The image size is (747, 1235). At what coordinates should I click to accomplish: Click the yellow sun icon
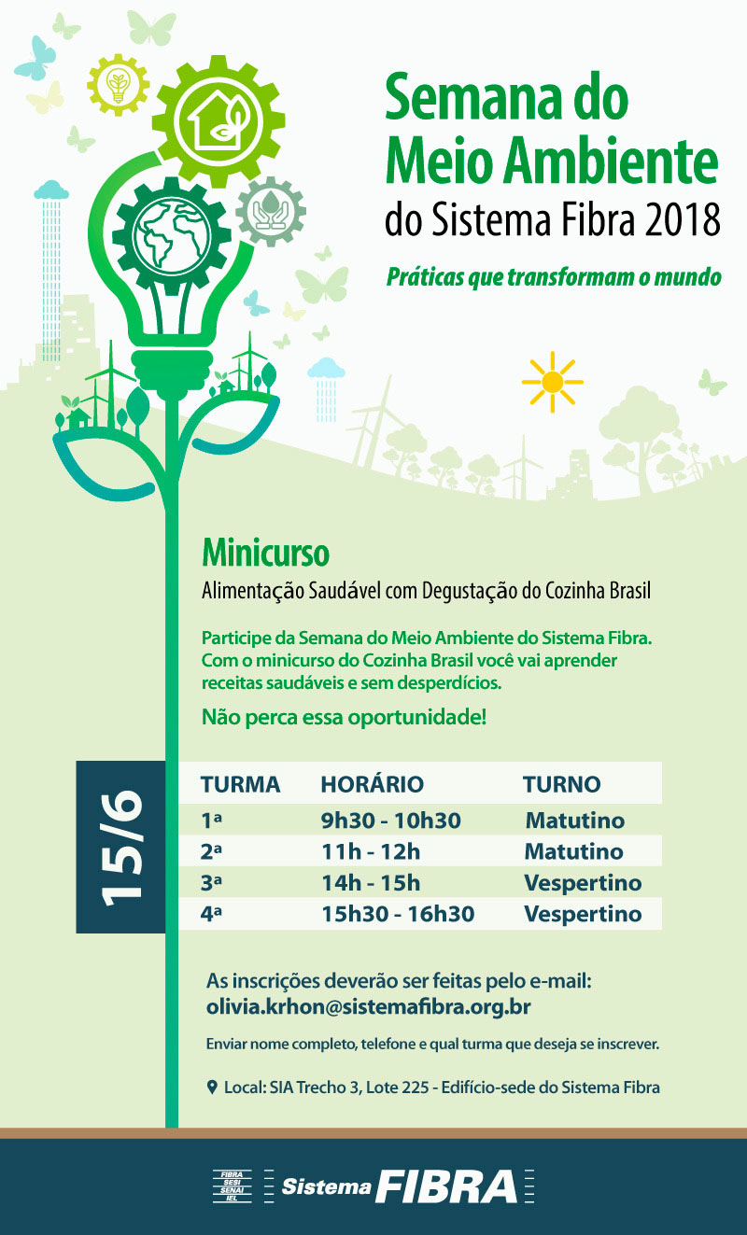[552, 382]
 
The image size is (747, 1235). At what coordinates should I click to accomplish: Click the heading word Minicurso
[265, 554]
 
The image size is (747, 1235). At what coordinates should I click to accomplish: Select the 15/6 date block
[120, 847]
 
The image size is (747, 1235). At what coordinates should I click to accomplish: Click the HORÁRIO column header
[372, 784]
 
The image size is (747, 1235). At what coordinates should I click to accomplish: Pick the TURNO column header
[561, 784]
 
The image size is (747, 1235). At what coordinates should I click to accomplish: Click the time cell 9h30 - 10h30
[390, 821]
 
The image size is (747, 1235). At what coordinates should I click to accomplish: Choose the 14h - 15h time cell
[370, 883]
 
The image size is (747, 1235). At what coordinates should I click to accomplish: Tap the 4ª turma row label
[211, 914]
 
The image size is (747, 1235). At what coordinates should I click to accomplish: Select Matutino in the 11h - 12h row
[573, 852]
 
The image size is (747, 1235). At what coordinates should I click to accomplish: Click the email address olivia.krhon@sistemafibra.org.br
[369, 1008]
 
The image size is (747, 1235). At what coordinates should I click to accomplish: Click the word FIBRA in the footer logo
[446, 1186]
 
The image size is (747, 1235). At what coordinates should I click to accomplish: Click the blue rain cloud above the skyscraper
[51, 191]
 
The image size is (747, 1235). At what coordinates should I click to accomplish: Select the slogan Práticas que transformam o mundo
[554, 277]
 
